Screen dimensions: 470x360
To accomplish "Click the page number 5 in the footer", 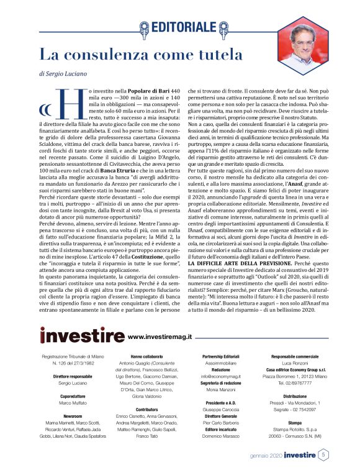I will click(323, 455).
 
